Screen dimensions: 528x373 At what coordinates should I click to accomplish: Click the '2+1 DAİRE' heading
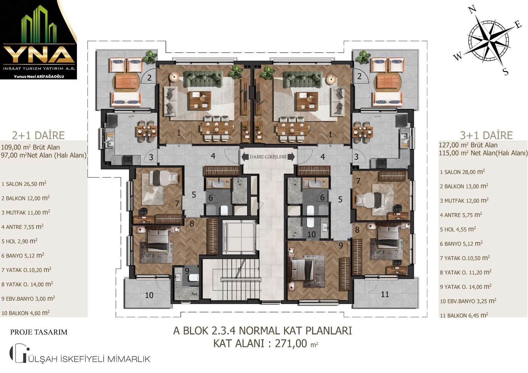click(38, 135)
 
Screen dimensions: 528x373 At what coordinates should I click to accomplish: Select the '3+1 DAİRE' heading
click(486, 135)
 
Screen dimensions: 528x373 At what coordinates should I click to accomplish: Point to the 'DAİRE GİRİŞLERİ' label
click(268, 157)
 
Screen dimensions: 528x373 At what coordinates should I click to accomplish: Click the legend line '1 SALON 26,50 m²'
click(24, 184)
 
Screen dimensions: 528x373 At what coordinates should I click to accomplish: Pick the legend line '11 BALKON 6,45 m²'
click(464, 315)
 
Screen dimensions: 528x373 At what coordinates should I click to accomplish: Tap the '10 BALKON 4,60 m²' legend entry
click(25, 313)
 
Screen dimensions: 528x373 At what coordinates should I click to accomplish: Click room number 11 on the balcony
click(385, 294)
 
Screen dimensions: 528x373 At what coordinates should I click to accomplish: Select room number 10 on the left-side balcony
click(149, 295)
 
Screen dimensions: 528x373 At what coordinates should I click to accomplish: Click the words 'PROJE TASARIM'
click(39, 332)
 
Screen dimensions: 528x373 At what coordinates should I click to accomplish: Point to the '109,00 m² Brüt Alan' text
click(30, 147)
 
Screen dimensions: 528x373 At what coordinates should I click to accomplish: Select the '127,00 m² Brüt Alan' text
click(468, 145)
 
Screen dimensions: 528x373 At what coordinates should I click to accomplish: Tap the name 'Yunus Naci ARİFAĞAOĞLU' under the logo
click(39, 76)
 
